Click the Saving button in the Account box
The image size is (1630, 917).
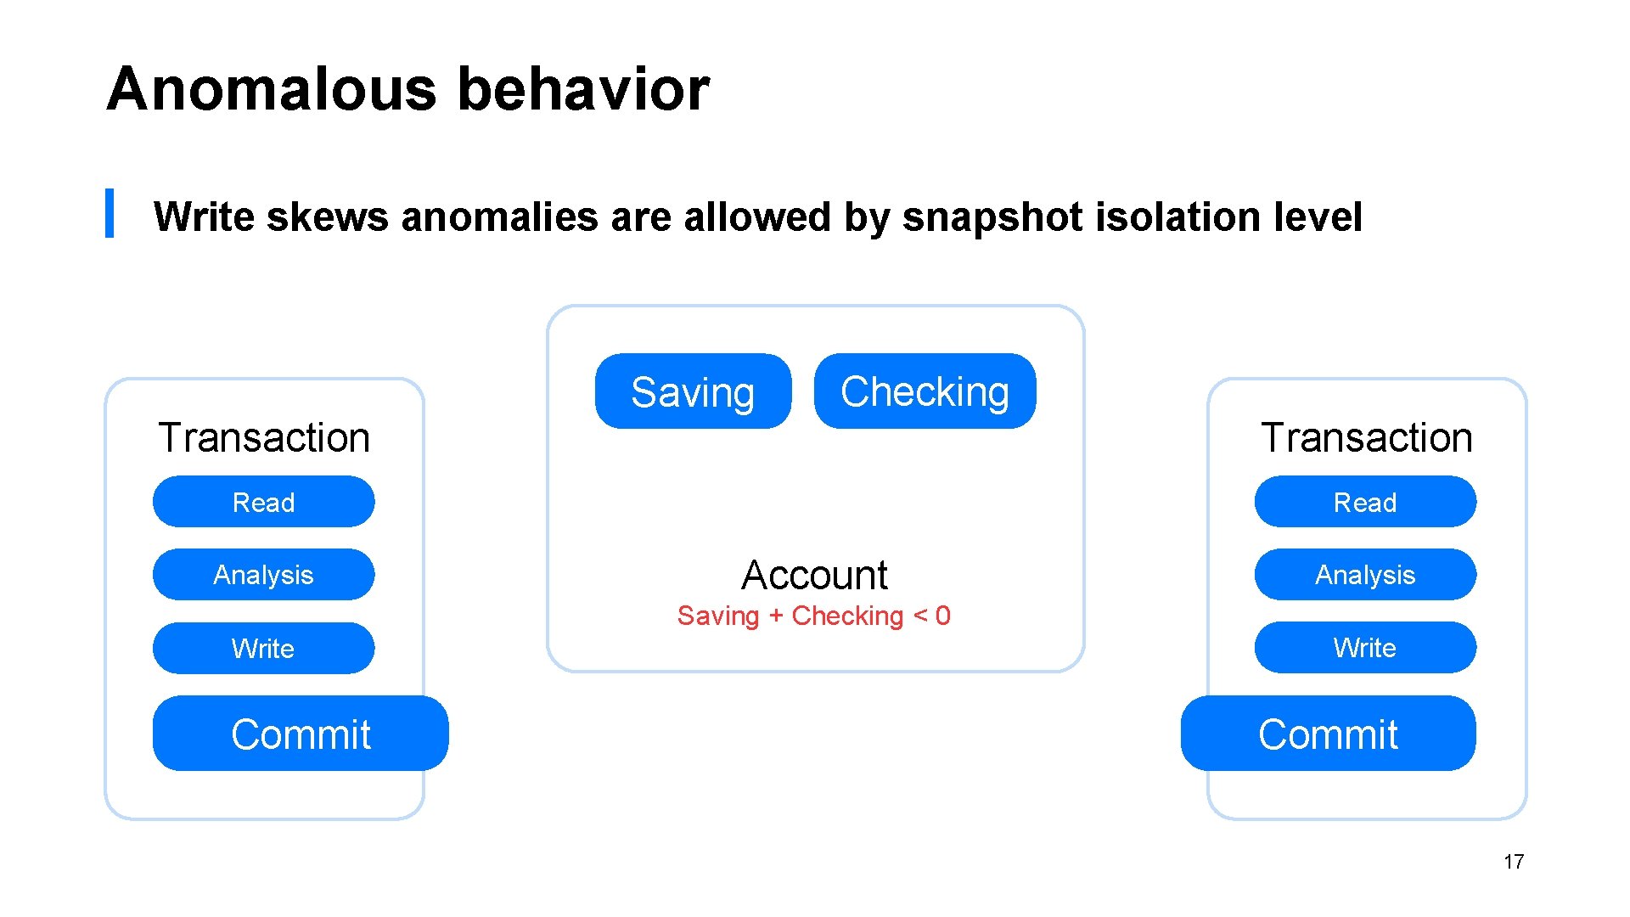[693, 391]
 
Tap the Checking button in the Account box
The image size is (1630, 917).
[925, 391]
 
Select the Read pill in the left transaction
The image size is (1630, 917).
[263, 502]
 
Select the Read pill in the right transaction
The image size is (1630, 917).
[1365, 502]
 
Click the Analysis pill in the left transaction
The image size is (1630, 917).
[263, 575]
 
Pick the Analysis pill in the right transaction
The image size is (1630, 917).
[1365, 575]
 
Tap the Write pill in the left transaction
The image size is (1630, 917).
[263, 649]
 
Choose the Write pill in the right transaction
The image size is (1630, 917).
[1365, 648]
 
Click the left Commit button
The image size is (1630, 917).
[301, 734]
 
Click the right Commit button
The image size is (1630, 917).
[1328, 734]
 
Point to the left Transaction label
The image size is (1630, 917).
[264, 438]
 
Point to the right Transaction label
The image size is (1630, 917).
[1367, 438]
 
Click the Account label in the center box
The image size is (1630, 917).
[814, 575]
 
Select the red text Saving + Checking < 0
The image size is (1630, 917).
[813, 616]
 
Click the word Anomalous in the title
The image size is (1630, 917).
[271, 89]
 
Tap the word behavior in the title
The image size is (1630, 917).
[583, 89]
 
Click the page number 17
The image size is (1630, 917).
[1513, 862]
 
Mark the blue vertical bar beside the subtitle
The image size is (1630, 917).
[110, 213]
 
